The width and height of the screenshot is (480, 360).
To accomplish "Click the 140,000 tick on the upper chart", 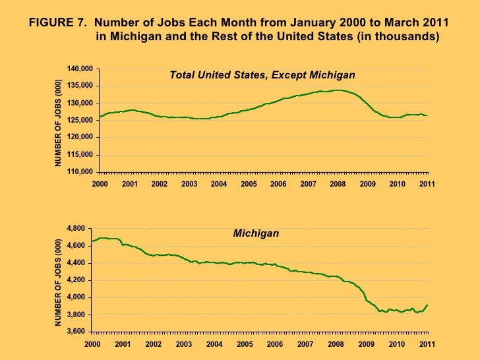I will (x=80, y=69).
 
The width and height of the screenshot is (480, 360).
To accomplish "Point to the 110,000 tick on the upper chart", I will (x=80, y=171).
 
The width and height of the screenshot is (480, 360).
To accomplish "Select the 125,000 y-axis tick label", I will (x=80, y=120).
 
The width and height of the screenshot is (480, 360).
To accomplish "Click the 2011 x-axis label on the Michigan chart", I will (x=427, y=344).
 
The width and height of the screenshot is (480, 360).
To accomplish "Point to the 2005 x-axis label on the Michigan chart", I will (x=244, y=344).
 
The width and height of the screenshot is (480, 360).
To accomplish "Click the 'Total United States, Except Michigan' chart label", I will (x=262, y=75).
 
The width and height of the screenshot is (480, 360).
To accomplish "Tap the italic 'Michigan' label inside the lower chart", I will (x=256, y=233).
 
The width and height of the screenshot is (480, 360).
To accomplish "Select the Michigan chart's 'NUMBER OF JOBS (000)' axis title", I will (x=57, y=282).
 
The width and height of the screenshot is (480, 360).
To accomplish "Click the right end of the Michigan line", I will (x=427, y=305).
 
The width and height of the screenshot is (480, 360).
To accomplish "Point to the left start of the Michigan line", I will (x=92, y=241).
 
